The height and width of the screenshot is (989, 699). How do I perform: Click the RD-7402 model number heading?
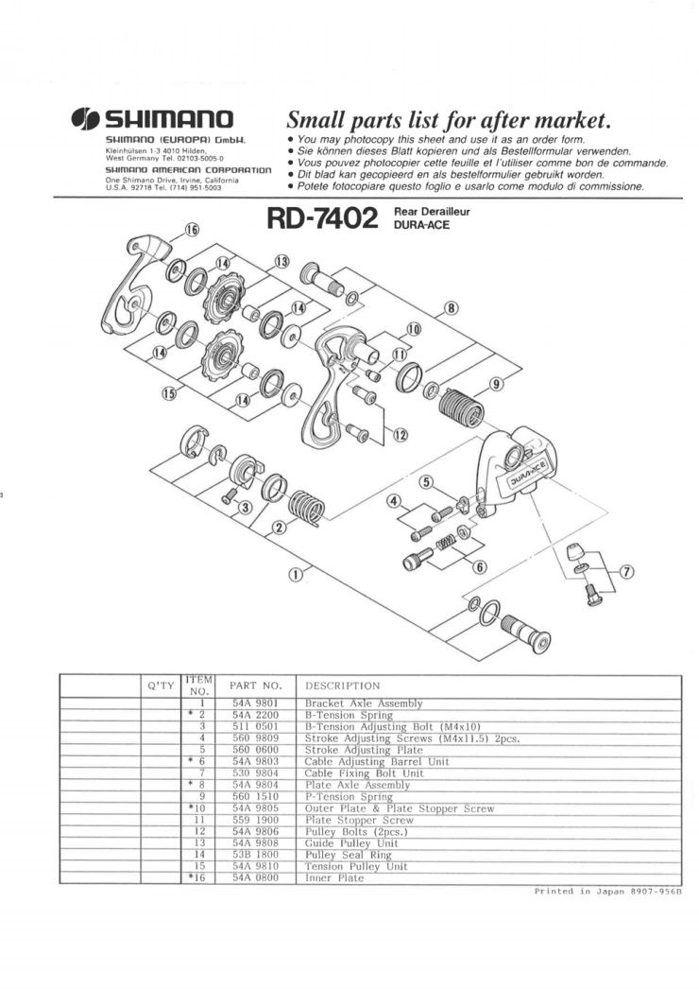pyautogui.click(x=322, y=218)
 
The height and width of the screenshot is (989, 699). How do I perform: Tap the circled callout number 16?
pyautogui.click(x=192, y=230)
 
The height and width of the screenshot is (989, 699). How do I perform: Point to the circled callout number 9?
pyautogui.click(x=497, y=384)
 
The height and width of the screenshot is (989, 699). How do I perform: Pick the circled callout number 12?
pyautogui.click(x=400, y=435)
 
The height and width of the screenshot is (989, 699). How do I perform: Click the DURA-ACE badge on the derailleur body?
pyautogui.click(x=529, y=470)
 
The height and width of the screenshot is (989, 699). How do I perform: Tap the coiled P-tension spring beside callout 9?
pyautogui.click(x=463, y=404)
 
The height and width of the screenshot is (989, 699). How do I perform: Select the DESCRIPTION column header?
pyautogui.click(x=342, y=685)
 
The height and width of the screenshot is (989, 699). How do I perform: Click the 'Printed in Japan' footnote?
pyautogui.click(x=607, y=892)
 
